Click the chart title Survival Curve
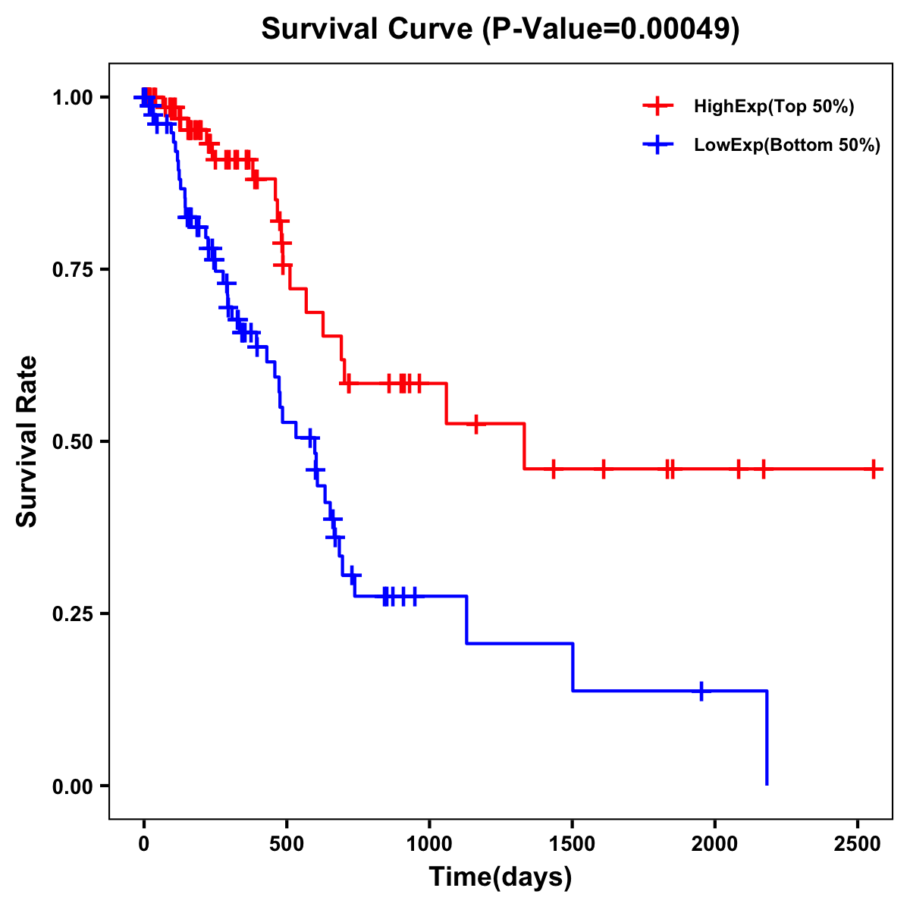coord(500,29)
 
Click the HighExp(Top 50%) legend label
coord(773,107)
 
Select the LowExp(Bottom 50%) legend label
coord(786,146)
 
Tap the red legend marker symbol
coord(657,106)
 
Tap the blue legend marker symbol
coord(657,145)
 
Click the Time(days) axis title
coord(500,877)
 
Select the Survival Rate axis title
coord(27,441)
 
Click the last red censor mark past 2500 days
coord(874,469)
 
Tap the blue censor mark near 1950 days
coord(701,691)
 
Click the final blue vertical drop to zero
coord(767,739)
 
